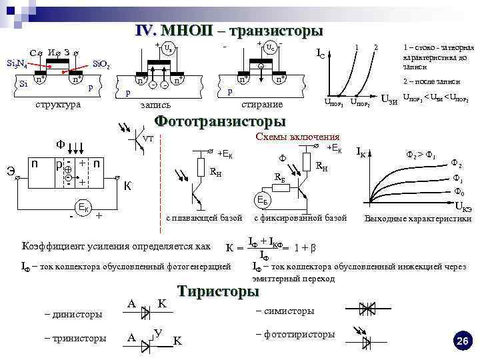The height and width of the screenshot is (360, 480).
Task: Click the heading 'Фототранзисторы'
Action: click(x=220, y=121)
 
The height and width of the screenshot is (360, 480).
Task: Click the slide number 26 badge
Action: click(x=462, y=341)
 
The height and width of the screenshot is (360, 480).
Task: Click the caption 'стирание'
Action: click(x=262, y=105)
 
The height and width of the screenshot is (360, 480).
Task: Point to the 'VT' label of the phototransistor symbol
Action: click(x=148, y=139)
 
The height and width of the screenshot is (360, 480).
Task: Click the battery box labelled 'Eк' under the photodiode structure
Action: click(x=85, y=205)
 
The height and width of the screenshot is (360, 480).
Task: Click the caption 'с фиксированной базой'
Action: click(x=301, y=218)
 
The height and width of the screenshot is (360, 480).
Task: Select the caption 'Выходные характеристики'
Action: click(x=415, y=218)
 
